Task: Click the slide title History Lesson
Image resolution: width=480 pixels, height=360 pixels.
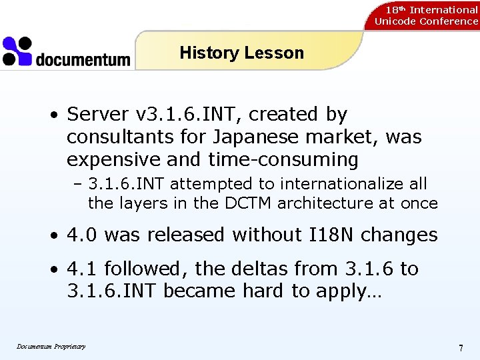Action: click(241, 53)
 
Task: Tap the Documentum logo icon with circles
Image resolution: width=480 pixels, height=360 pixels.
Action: click(17, 51)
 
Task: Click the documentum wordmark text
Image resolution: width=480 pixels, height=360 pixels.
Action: click(83, 60)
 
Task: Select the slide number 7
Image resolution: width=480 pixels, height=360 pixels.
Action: click(461, 348)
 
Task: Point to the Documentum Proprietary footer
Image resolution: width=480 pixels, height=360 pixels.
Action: click(51, 346)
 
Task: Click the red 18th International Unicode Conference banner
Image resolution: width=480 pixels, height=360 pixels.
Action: click(426, 15)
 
